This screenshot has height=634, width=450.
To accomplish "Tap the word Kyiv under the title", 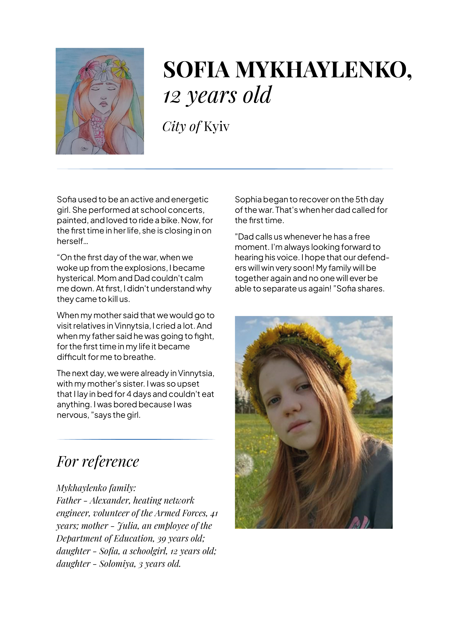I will (x=216, y=127).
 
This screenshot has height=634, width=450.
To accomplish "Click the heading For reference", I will (x=98, y=462).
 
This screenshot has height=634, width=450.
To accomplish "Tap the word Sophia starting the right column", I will (x=248, y=199).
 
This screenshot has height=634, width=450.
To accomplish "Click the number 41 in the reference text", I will (x=214, y=513).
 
